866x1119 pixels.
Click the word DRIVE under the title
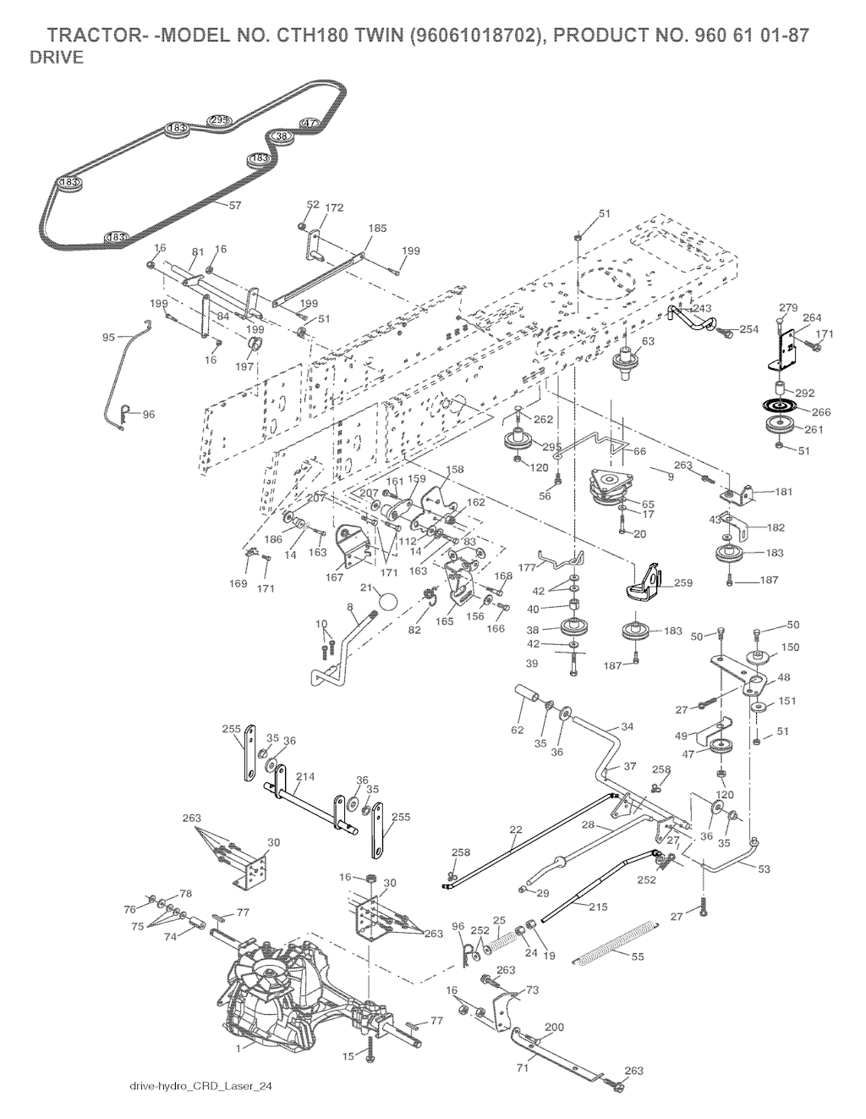click(56, 58)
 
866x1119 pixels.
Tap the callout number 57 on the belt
click(234, 206)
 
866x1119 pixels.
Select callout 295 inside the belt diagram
click(219, 120)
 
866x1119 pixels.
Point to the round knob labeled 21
click(387, 602)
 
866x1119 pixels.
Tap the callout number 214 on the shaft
click(305, 775)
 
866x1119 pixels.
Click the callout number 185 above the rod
click(377, 228)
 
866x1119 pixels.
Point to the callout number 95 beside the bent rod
click(108, 337)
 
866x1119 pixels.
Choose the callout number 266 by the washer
click(820, 412)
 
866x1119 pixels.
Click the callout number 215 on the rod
click(597, 906)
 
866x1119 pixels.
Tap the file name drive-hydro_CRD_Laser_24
click(200, 1085)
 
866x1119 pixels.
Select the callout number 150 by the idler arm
click(789, 647)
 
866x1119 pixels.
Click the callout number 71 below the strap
click(523, 1069)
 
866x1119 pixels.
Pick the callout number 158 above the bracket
click(455, 468)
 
